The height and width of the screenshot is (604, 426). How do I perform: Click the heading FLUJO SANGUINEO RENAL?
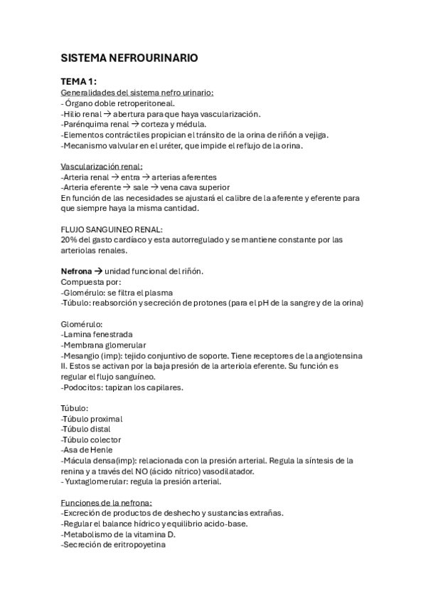pyautogui.click(x=112, y=229)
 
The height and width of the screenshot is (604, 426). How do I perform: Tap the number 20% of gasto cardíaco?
pyautogui.click(x=70, y=240)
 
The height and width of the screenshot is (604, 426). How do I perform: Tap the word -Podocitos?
pyautogui.click(x=83, y=387)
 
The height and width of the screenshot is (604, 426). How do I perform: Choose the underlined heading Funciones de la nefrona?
pyautogui.click(x=102, y=503)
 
